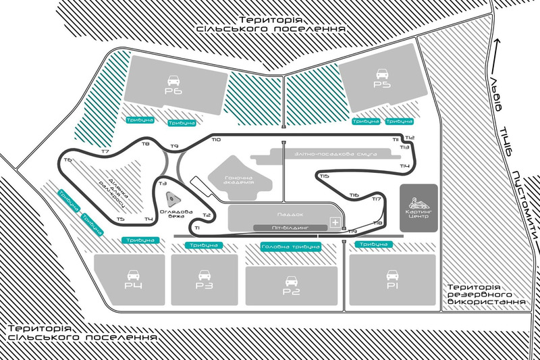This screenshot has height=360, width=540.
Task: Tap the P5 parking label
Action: (x=382, y=86)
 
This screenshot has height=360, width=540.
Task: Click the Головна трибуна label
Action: (x=290, y=247)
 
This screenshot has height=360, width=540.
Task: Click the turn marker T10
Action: (x=215, y=140)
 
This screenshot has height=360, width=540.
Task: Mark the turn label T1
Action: (x=196, y=228)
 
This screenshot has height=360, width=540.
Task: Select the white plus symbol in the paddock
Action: (x=333, y=222)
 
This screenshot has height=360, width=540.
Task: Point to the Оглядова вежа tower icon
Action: (x=172, y=198)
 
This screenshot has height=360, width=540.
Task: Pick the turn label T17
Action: (x=377, y=199)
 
